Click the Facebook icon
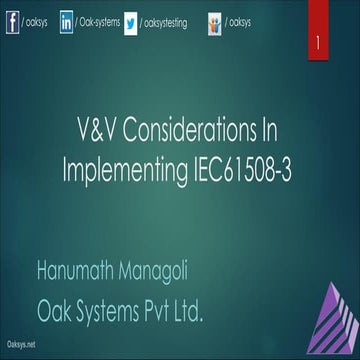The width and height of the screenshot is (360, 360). (13, 22)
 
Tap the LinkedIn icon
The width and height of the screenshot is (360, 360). (66, 22)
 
